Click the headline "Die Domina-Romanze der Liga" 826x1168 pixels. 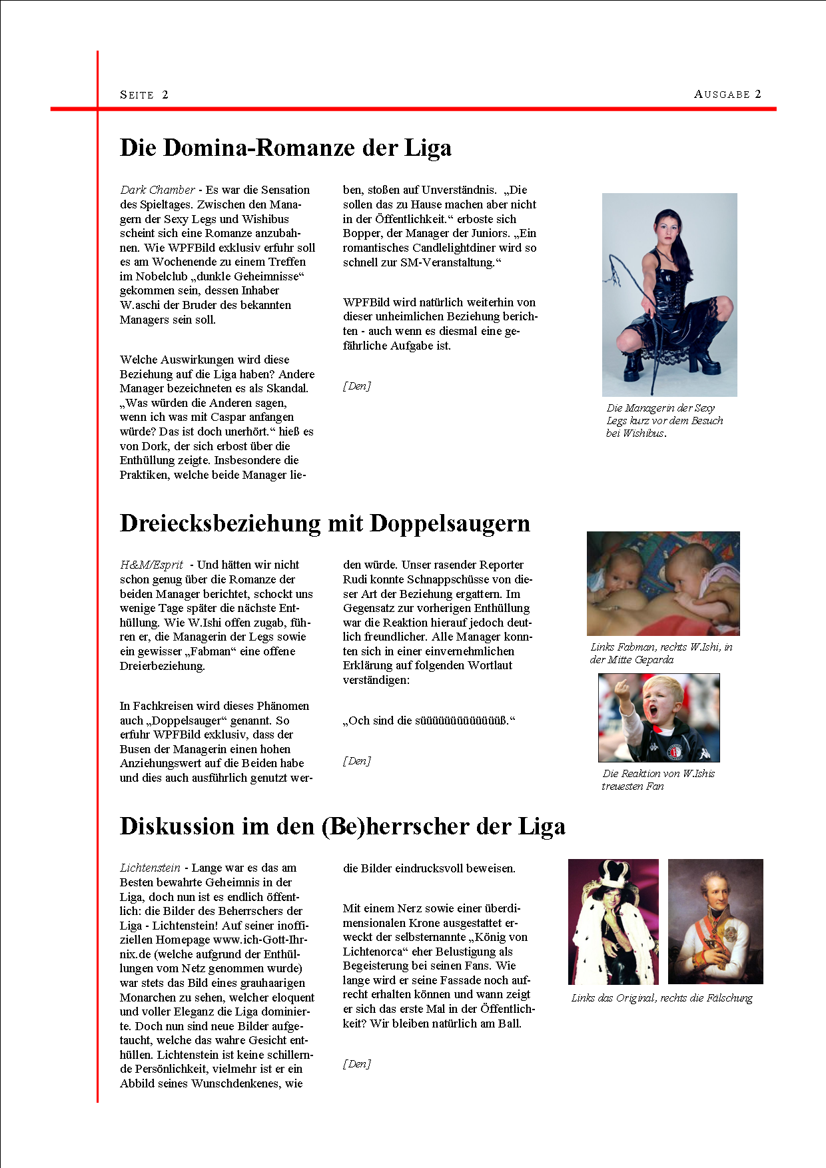[285, 148]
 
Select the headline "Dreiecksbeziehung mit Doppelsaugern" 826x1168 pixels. [324, 523]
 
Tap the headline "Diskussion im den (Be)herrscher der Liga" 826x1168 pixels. [342, 826]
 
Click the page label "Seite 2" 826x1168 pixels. [144, 95]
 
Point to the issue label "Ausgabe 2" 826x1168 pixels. [727, 94]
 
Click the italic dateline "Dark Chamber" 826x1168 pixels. [158, 190]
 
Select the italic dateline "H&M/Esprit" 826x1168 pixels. [151, 565]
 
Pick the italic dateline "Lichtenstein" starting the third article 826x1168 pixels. [150, 868]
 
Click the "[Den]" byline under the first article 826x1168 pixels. [356, 386]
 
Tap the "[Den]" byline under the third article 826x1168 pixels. [356, 1064]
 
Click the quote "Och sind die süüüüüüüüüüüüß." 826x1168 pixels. [429, 721]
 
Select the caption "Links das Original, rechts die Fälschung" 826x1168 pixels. [661, 998]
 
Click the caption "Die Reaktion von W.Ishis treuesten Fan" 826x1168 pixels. [657, 780]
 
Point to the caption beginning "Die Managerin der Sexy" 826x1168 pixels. [663, 420]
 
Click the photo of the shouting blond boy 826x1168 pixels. [659, 717]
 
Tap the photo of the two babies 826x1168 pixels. [663, 583]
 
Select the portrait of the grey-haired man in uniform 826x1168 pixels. [715, 921]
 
